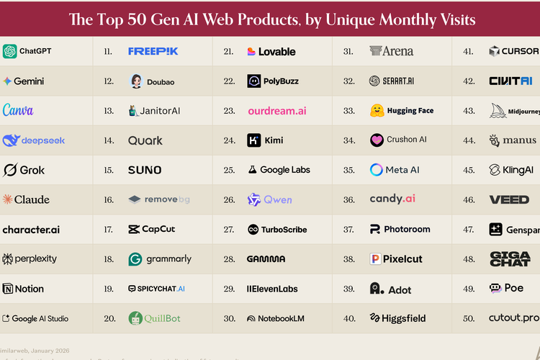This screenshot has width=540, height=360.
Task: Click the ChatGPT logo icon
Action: [x=9, y=51]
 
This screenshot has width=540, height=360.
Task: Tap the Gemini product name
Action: [x=29, y=81]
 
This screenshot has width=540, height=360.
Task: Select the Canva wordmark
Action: [x=18, y=111]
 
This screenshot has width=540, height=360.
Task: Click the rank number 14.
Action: [x=109, y=140]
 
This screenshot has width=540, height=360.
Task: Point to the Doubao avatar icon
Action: [x=136, y=81]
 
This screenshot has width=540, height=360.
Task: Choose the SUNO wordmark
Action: [x=145, y=170]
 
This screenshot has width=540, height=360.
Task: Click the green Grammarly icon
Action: [x=135, y=259]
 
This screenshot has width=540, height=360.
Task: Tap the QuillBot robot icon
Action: [x=135, y=318]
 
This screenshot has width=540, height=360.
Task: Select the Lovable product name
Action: [x=277, y=52]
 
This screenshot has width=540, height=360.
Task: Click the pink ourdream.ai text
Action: [x=277, y=111]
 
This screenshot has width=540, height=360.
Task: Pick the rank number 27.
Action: [x=229, y=230]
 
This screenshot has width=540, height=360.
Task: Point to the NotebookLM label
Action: [x=282, y=318]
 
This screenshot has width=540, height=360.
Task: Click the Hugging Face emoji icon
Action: [x=377, y=111]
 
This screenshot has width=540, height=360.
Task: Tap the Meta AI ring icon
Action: [x=377, y=170]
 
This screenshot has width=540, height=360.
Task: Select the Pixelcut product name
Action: [x=402, y=259]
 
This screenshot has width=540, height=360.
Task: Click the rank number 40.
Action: [x=349, y=318]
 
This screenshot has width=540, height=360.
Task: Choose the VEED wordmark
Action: [x=509, y=199]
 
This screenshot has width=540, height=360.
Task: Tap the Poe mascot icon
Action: [x=495, y=289]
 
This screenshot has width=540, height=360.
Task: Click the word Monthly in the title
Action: [x=395, y=19]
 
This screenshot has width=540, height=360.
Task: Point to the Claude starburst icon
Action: [x=7, y=199]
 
